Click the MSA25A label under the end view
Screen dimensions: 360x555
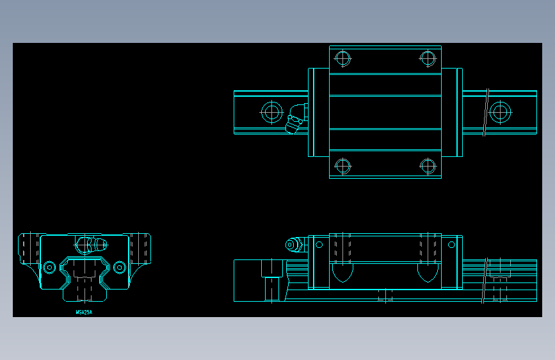pyautogui.click(x=84, y=313)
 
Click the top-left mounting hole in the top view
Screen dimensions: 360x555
pyautogui.click(x=343, y=58)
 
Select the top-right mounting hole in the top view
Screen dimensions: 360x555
pyautogui.click(x=428, y=58)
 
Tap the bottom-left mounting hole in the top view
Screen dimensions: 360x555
pyautogui.click(x=343, y=166)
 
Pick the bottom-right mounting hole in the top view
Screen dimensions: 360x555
pyautogui.click(x=428, y=166)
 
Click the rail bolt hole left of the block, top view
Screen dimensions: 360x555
pyautogui.click(x=272, y=113)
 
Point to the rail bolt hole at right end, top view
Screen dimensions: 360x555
pyautogui.click(x=500, y=113)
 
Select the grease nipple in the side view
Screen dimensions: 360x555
pyautogui.click(x=294, y=245)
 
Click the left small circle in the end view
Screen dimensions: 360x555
pyautogui.click(x=49, y=266)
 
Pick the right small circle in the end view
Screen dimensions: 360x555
pyautogui.click(x=119, y=266)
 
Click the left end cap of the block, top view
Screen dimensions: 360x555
pyautogui.click(x=319, y=113)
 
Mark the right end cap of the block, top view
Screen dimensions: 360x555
pyautogui.click(x=452, y=113)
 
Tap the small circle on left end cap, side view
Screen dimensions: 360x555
pyautogui.click(x=319, y=244)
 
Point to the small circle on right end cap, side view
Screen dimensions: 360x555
pyautogui.click(x=451, y=244)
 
